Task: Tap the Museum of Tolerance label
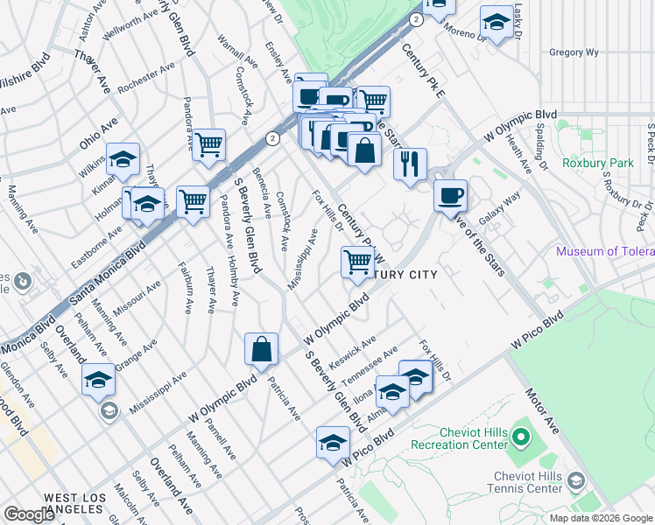(x=605, y=252)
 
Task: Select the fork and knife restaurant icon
(x=410, y=164)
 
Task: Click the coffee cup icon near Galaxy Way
(x=450, y=194)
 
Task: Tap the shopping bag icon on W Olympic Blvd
(x=262, y=349)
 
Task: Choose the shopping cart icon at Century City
(x=357, y=262)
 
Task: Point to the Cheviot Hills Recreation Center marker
(x=521, y=436)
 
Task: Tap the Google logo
(x=29, y=514)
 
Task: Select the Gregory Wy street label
(x=574, y=52)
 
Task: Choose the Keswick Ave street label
(x=353, y=351)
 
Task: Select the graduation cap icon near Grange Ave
(x=99, y=379)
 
